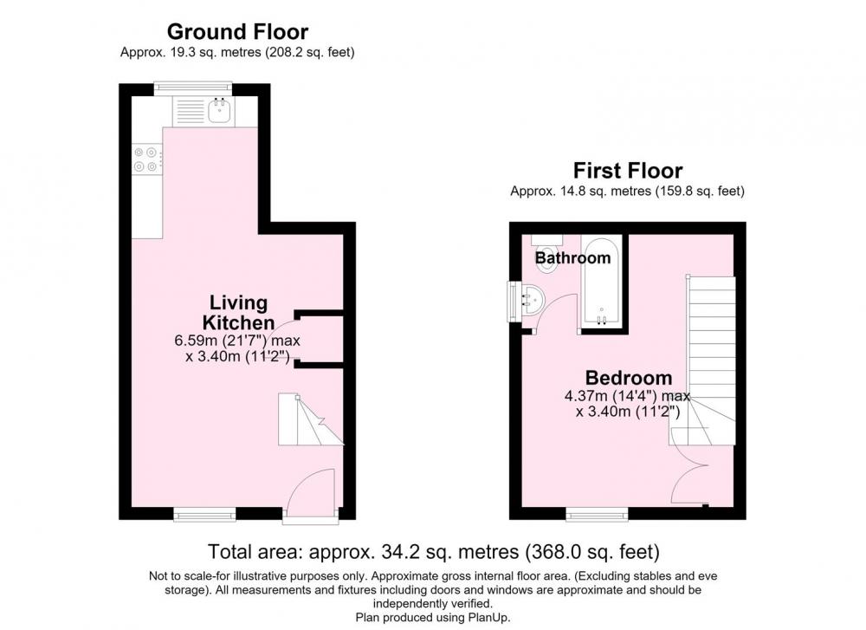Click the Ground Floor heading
pyautogui.click(x=237, y=32)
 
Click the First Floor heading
pyautogui.click(x=627, y=170)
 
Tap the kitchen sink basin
pyautogui.click(x=220, y=111)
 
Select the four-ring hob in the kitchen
pyautogui.click(x=147, y=159)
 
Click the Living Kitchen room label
pyautogui.click(x=239, y=312)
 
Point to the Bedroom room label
pyautogui.click(x=629, y=378)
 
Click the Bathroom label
pyautogui.click(x=572, y=257)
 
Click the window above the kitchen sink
pyautogui.click(x=193, y=88)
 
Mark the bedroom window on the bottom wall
pyautogui.click(x=597, y=515)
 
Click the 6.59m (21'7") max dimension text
pyautogui.click(x=237, y=341)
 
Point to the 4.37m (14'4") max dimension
pyautogui.click(x=627, y=396)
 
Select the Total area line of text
pyautogui.click(x=434, y=551)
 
